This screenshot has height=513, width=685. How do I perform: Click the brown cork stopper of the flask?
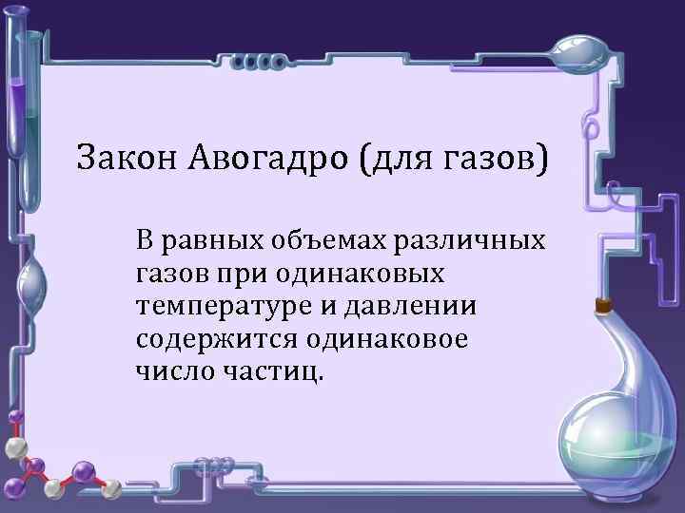602,306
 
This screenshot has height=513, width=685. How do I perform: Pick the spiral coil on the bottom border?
214,465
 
